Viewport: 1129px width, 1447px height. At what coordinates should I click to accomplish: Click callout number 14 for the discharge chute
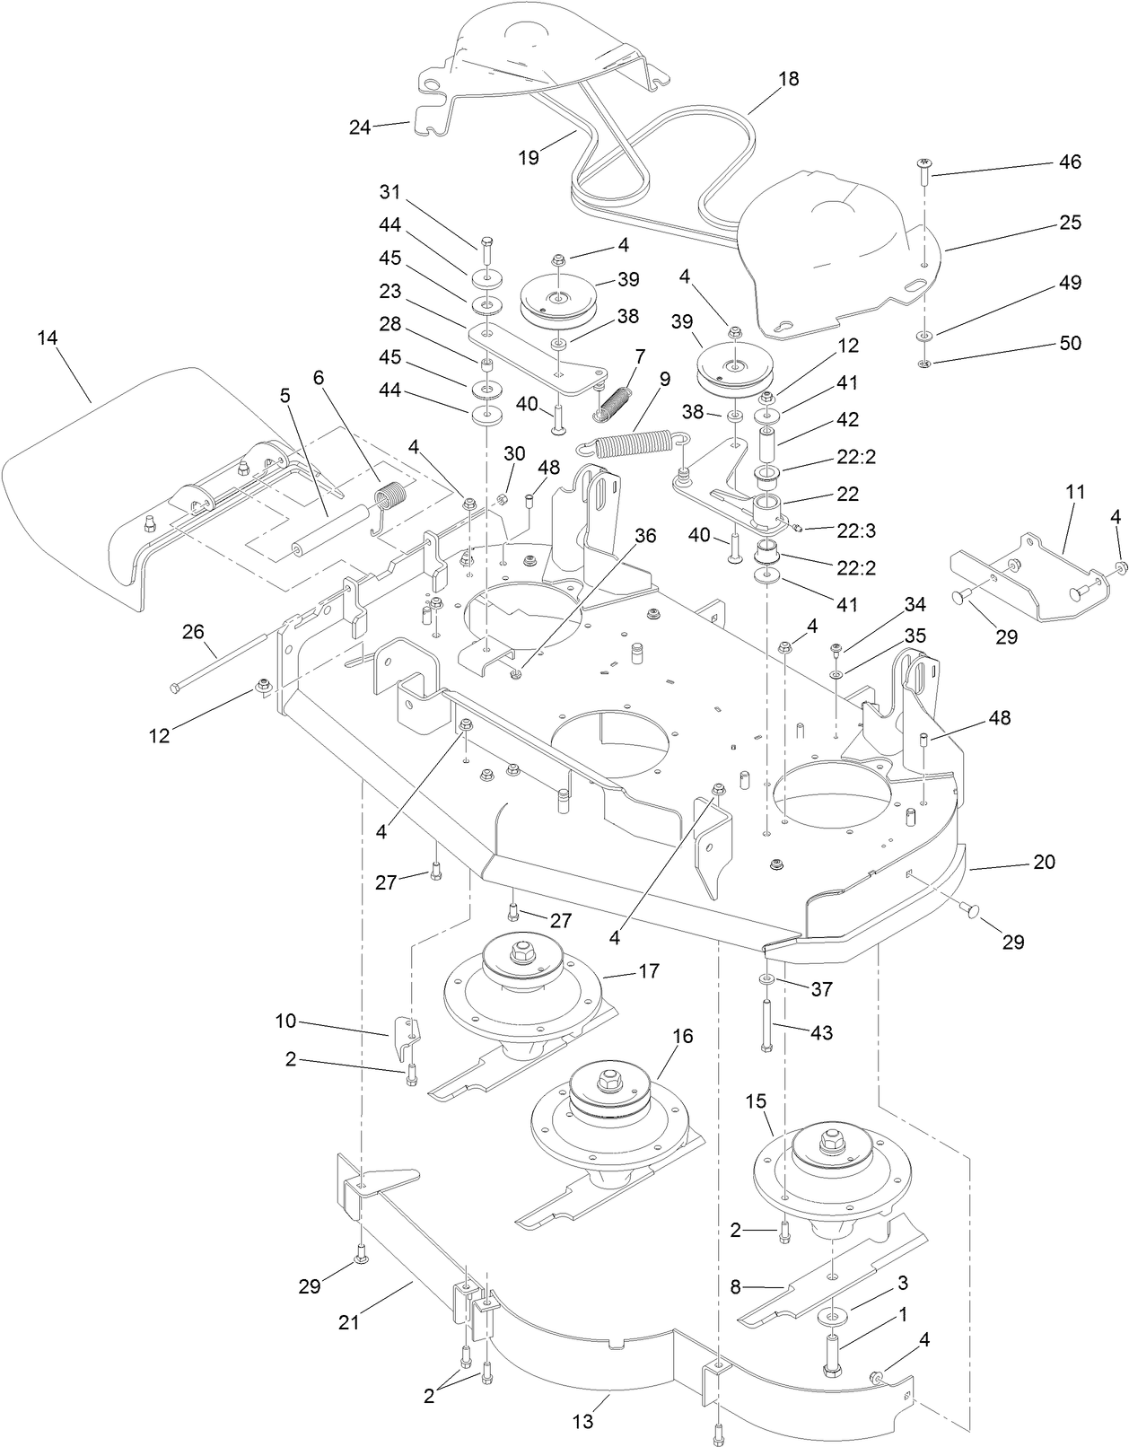tap(48, 338)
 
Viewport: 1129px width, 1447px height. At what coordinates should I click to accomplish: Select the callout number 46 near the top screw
tap(1070, 162)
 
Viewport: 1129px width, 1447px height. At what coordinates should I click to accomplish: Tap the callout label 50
tap(1070, 343)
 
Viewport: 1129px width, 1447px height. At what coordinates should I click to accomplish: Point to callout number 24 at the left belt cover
tap(360, 127)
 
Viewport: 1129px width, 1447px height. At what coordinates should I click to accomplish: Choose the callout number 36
tap(645, 536)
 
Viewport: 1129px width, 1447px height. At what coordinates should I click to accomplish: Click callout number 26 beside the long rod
tap(193, 631)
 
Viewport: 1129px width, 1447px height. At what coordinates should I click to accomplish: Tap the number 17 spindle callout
tap(648, 970)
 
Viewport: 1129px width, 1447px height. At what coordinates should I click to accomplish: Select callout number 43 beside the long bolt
tap(821, 1032)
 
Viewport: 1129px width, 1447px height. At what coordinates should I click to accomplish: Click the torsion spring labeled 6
tap(389, 499)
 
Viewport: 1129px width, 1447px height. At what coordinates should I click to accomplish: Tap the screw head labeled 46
tap(923, 163)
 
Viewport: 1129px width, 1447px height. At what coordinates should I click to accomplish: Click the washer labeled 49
tap(923, 335)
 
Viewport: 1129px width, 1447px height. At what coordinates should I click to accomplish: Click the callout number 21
tap(348, 1322)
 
